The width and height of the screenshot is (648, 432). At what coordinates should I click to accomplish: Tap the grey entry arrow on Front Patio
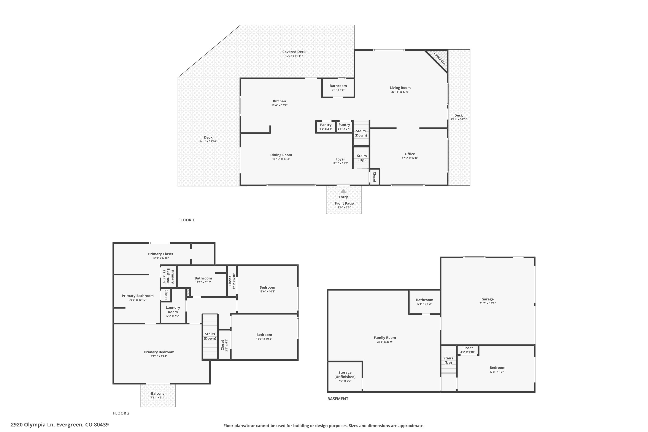(x=343, y=191)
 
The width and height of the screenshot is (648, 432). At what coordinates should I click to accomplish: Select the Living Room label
(x=400, y=88)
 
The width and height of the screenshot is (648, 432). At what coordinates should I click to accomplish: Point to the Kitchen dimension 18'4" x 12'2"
(x=279, y=105)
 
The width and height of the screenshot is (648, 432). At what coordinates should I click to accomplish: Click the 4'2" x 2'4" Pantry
(x=326, y=127)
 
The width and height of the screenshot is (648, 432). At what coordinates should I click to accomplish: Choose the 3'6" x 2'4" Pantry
(x=344, y=127)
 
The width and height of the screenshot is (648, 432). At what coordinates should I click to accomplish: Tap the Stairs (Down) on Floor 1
(x=361, y=133)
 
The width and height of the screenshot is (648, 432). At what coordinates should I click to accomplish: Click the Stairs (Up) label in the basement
(x=448, y=360)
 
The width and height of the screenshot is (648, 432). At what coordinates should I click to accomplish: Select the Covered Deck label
(x=294, y=52)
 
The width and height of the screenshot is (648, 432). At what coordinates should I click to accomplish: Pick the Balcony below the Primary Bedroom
(x=158, y=395)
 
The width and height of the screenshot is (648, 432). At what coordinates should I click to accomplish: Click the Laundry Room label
(x=173, y=310)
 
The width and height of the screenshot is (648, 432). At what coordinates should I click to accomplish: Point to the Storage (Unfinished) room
(x=345, y=376)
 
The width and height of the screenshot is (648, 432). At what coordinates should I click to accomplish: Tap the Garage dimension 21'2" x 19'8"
(x=487, y=303)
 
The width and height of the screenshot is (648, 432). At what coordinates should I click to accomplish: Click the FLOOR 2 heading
(x=121, y=413)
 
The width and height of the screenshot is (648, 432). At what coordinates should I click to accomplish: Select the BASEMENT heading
(x=338, y=399)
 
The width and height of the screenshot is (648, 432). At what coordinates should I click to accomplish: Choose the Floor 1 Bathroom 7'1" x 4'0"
(x=338, y=88)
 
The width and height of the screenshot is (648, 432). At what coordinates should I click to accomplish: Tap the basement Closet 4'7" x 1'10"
(x=468, y=350)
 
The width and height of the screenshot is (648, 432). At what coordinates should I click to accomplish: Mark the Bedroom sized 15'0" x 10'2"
(x=264, y=337)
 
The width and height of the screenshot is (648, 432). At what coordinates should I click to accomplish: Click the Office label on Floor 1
(x=410, y=154)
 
